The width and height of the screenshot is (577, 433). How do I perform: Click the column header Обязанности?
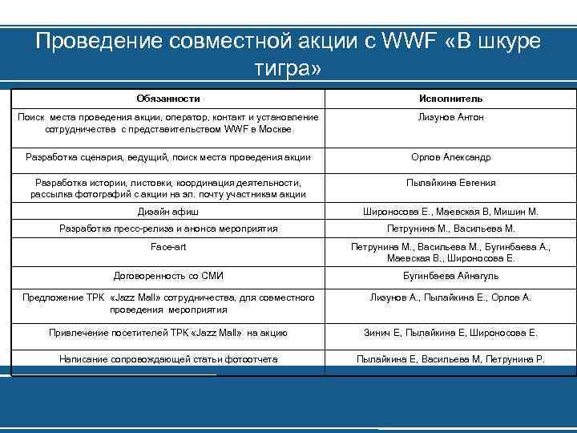click(168, 99)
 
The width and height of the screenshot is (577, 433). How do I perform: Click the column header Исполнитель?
click(450, 99)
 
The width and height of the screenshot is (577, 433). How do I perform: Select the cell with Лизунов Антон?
click(450, 117)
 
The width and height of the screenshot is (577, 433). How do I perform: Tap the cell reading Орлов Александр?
click(450, 157)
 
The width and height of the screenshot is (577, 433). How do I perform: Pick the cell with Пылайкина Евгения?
click(450, 183)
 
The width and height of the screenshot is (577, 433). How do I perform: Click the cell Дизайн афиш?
click(168, 212)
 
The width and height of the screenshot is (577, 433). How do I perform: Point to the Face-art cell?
click(168, 247)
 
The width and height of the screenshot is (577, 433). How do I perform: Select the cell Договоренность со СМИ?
click(168, 276)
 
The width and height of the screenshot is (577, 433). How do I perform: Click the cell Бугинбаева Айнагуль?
click(450, 276)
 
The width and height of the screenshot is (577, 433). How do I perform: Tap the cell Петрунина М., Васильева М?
click(450, 229)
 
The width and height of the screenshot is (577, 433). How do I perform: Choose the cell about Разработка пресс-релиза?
click(168, 229)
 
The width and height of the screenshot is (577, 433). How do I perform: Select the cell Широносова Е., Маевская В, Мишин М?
click(450, 212)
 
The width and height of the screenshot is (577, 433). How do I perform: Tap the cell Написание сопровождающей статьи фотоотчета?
click(168, 359)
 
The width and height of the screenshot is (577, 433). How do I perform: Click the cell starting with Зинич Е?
click(450, 332)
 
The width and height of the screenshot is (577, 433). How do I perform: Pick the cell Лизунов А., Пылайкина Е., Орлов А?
click(450, 297)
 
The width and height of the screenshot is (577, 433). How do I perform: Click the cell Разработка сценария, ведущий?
click(168, 157)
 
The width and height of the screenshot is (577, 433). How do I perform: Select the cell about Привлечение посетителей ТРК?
click(168, 332)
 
